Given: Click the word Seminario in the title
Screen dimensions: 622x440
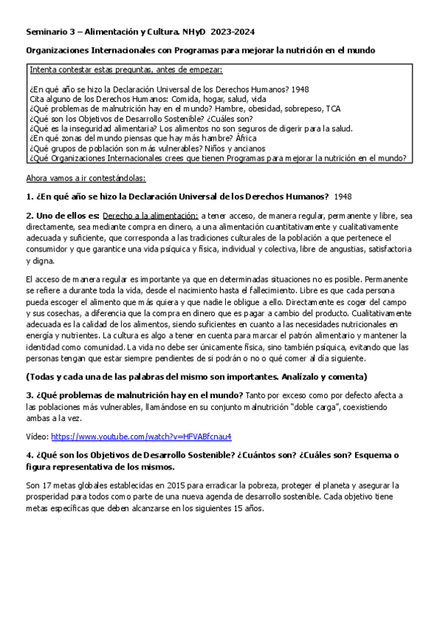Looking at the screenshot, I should (44, 32).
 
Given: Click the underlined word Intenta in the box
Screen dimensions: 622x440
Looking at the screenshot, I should (42, 70).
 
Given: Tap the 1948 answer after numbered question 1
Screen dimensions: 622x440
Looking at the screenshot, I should (342, 197).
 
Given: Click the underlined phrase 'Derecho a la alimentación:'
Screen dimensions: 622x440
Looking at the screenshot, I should (150, 216).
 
